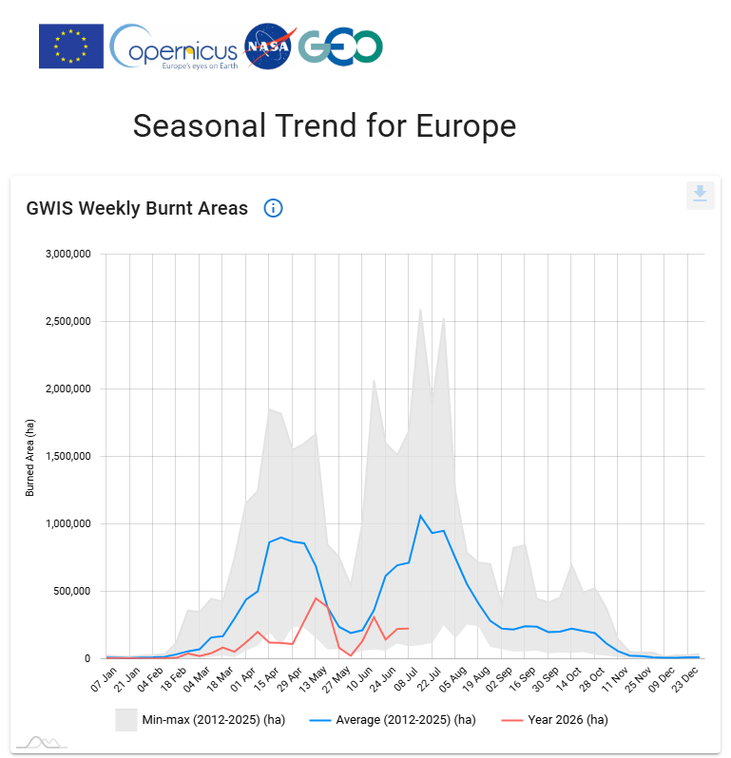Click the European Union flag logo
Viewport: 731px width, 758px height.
pos(71,46)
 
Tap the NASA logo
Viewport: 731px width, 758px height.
pos(269,46)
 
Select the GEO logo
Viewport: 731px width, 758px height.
pos(340,47)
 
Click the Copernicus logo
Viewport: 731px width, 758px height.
pos(174,47)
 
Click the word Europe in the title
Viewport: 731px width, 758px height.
pos(466,126)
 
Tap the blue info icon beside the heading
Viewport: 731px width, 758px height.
pos(273,208)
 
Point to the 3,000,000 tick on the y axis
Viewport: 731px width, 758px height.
pos(68,254)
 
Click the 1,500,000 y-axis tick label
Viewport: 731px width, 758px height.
pos(68,456)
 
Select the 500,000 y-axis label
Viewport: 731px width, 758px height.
pos(72,591)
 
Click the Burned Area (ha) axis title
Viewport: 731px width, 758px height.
pos(30,457)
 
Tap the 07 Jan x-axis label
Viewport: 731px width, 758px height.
pos(105,679)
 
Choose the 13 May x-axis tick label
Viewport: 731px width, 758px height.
pos(314,679)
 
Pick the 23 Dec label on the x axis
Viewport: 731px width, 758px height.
pos(685,679)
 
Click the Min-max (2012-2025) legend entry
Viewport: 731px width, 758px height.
pos(201,720)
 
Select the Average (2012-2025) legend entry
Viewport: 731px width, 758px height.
pos(393,720)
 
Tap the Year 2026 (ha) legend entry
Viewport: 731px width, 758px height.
pos(555,720)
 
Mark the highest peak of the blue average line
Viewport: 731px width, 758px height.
pos(420,516)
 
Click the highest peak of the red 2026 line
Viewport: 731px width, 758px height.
pos(316,598)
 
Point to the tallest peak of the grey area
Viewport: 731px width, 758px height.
pos(420,309)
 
